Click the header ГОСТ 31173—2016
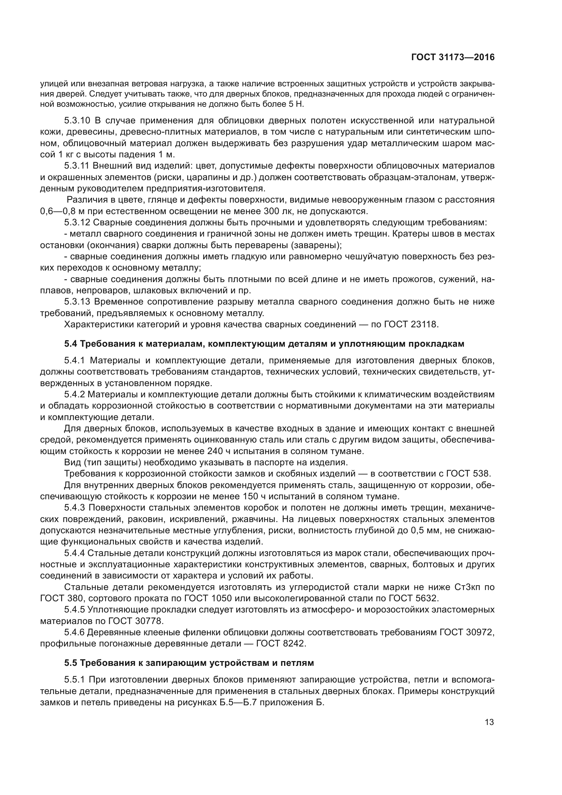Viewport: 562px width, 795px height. coord(453,57)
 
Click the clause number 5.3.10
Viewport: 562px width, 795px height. coord(77,121)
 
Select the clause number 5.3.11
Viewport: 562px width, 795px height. coord(77,166)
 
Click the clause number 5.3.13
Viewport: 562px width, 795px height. coord(77,302)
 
